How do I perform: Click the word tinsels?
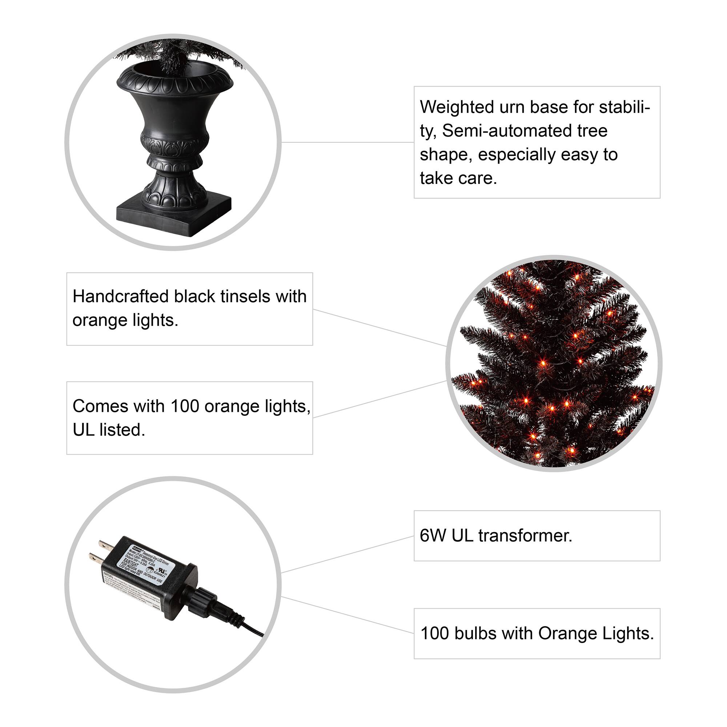click(245, 297)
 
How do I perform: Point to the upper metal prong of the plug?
click(104, 545)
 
